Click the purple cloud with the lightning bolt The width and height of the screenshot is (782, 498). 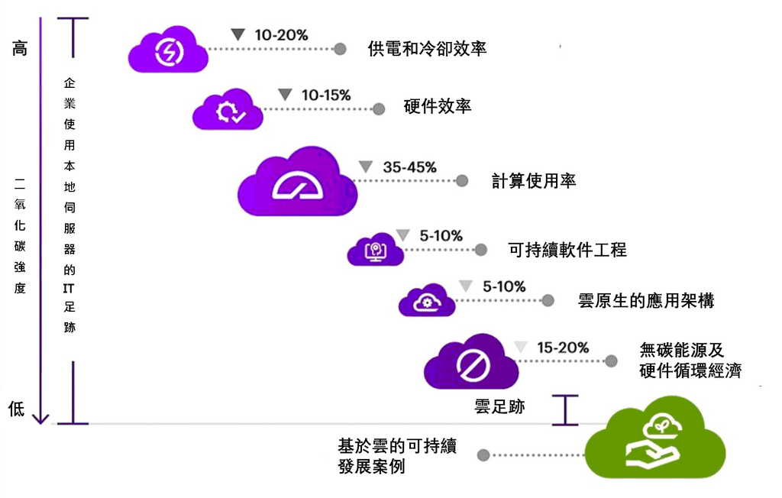(168, 50)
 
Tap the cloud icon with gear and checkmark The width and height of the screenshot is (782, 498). (228, 109)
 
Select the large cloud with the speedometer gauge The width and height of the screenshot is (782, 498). (298, 181)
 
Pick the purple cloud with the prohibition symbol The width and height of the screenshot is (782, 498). (471, 362)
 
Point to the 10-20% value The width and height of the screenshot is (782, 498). (281, 35)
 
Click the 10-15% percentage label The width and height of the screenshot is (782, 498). (326, 95)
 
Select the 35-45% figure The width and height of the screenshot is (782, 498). (410, 167)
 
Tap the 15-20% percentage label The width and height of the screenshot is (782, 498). (563, 348)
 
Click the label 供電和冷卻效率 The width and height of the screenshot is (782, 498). (427, 49)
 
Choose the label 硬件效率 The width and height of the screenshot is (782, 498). (438, 106)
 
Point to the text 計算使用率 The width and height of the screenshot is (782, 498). (534, 180)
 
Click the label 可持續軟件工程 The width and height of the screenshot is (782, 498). (567, 250)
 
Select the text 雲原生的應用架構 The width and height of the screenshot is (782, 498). (646, 300)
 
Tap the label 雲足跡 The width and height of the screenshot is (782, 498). (499, 406)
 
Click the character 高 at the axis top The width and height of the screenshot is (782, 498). (19, 48)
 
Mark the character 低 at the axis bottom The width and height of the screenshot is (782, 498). (17, 409)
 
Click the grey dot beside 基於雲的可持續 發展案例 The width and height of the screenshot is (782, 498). (483, 455)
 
